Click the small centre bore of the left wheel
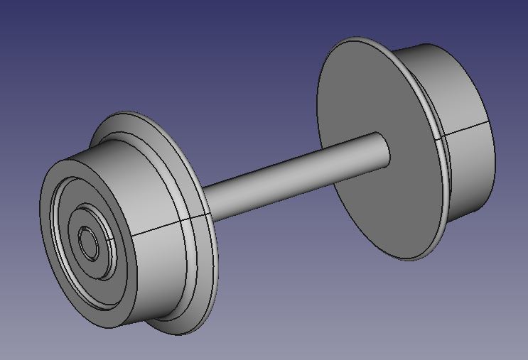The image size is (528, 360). coord(89,244)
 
